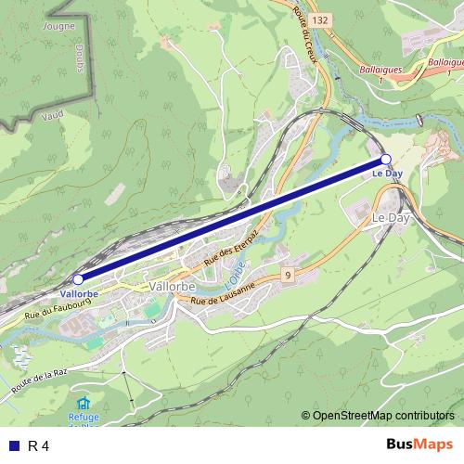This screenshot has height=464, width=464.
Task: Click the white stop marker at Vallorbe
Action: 78,278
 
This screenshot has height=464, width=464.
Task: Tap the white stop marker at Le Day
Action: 386,160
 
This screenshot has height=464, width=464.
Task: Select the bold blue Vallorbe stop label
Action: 79,293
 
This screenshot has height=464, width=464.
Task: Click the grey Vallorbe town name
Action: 170,288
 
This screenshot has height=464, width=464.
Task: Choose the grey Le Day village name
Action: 391,216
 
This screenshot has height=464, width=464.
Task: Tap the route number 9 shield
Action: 289,275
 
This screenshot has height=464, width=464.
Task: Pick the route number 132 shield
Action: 320,19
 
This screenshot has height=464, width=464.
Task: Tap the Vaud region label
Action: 53,117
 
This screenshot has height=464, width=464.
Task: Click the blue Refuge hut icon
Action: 84,404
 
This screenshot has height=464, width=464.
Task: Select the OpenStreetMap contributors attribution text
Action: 382,416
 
